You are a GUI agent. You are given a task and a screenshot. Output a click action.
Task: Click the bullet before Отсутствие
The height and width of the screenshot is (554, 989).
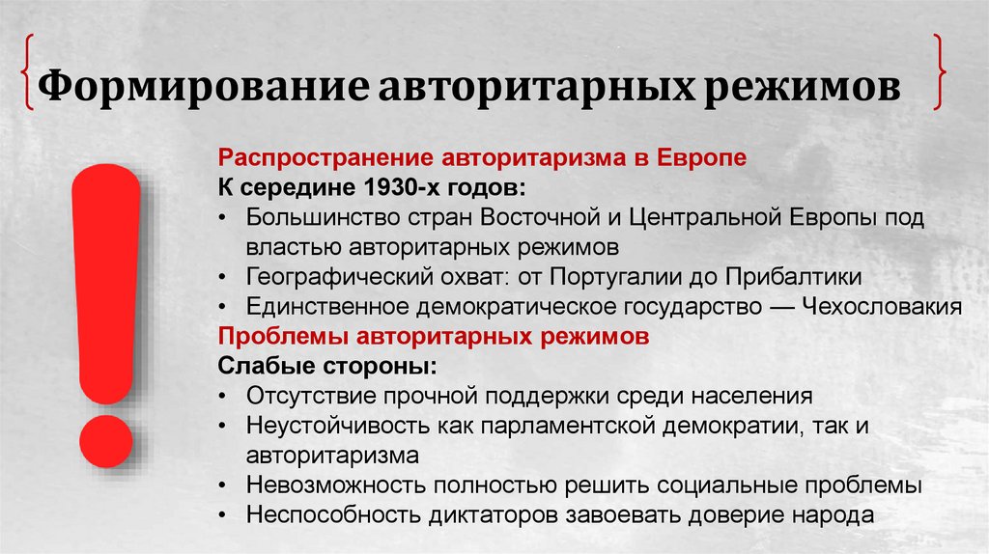224,397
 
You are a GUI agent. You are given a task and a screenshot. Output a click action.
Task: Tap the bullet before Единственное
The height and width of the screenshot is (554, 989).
224,307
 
